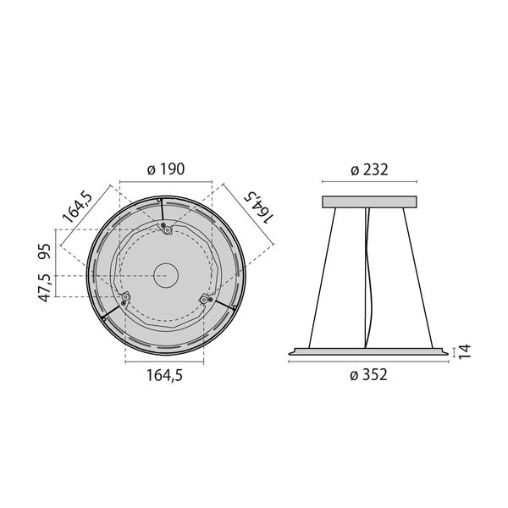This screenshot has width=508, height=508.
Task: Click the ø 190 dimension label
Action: click(165, 169)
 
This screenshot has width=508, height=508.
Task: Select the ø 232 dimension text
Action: click(369, 169)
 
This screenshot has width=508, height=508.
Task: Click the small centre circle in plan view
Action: click(164, 275)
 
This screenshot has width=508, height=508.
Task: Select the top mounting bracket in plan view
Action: click(168, 229)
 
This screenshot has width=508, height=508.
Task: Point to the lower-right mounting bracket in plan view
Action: click(204, 298)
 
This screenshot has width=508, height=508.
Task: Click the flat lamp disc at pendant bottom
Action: click(369, 349)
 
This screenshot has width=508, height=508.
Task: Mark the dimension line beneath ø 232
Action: click(369, 181)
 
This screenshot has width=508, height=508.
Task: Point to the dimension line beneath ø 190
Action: click(165, 180)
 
